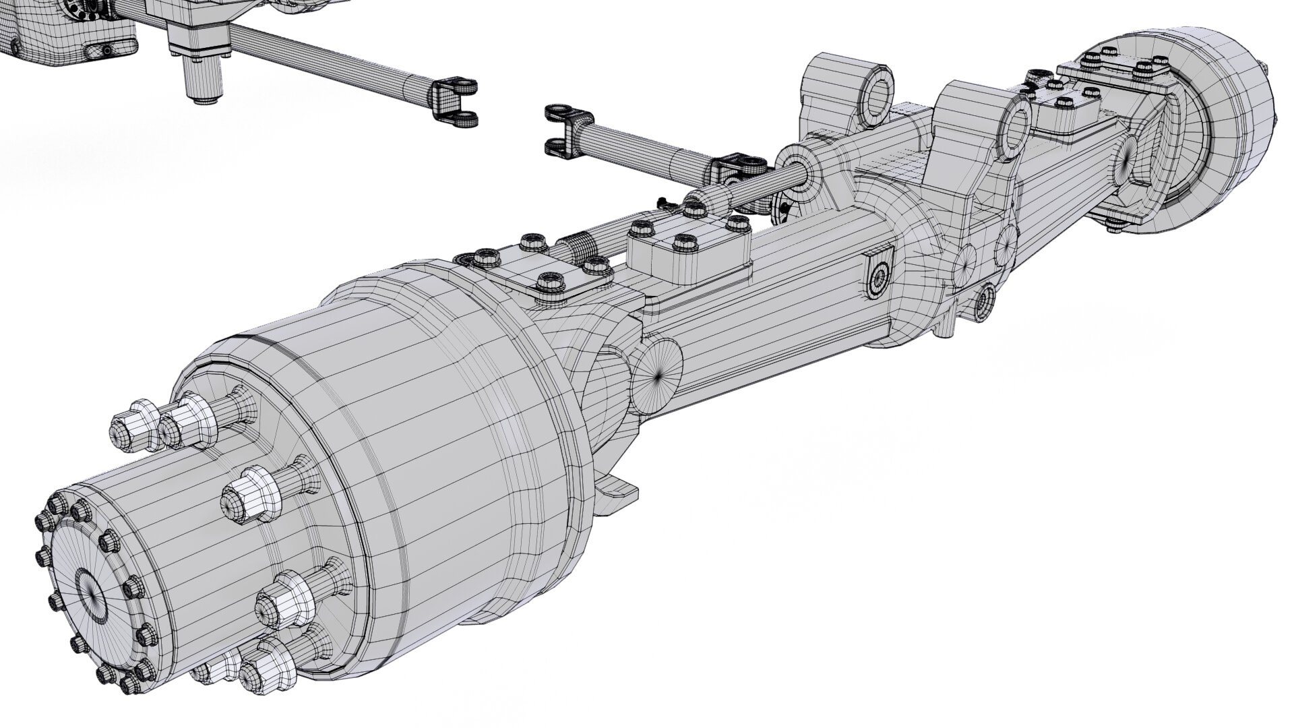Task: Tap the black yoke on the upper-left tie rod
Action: pos(458,101)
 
